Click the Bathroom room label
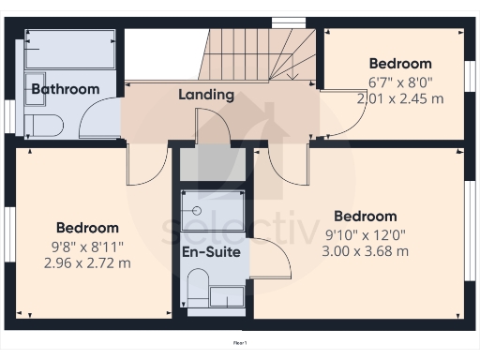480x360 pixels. [x=65, y=89]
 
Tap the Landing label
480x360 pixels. [x=205, y=95]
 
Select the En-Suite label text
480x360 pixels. [x=211, y=252]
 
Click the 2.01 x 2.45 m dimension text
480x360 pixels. [x=399, y=97]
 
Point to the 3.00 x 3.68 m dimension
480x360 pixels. [x=365, y=251]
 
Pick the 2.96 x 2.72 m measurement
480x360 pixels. [x=87, y=262]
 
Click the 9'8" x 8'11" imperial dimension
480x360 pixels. [x=87, y=246]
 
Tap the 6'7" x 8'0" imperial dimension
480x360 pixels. [x=399, y=81]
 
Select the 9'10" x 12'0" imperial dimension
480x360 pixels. [x=365, y=234]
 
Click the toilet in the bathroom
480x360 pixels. [x=43, y=126]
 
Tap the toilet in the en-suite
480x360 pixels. [x=197, y=285]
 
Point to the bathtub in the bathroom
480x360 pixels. [x=71, y=50]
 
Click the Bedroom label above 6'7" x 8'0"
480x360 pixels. [x=399, y=64]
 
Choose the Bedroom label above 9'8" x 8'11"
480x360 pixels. [x=87, y=228]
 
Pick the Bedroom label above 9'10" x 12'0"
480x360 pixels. [x=365, y=217]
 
